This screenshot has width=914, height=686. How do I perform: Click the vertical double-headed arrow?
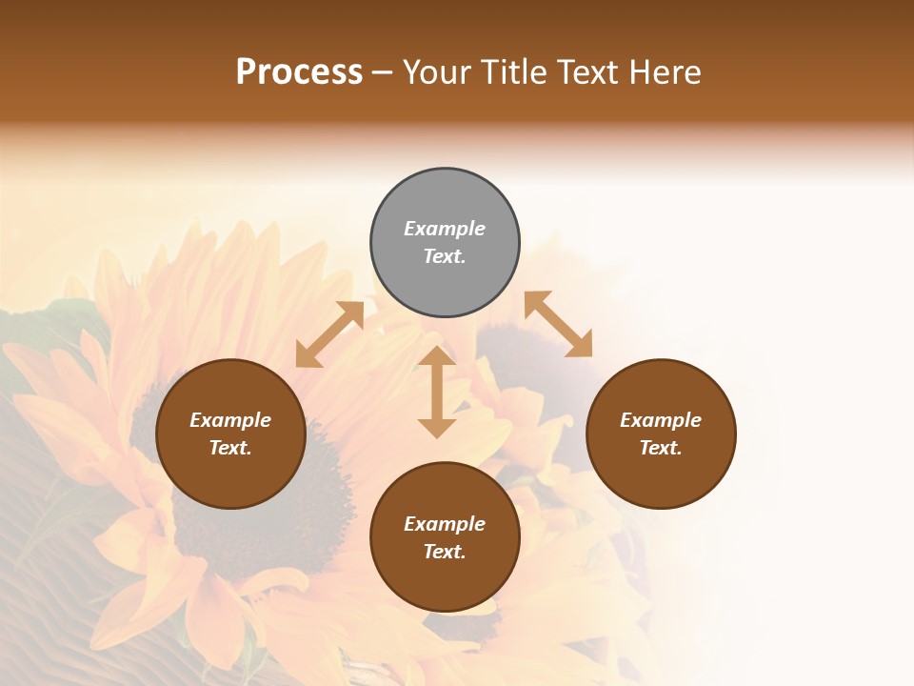point(437,392)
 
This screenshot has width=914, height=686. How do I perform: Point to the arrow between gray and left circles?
point(329,334)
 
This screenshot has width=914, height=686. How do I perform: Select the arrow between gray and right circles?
point(559,324)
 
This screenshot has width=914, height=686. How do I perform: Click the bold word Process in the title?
point(299,72)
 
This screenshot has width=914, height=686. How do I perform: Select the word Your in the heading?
point(437,72)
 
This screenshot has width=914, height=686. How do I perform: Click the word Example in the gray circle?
point(445,229)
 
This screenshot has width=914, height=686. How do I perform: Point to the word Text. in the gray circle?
point(445,256)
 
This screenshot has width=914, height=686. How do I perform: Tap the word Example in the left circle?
point(230,420)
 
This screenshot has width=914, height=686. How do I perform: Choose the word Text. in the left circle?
point(230,448)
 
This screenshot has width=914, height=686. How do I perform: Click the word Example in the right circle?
point(661,420)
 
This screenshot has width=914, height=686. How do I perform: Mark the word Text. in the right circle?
point(661,448)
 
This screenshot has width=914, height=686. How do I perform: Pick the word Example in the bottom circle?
point(445,524)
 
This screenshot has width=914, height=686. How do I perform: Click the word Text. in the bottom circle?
point(445,552)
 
